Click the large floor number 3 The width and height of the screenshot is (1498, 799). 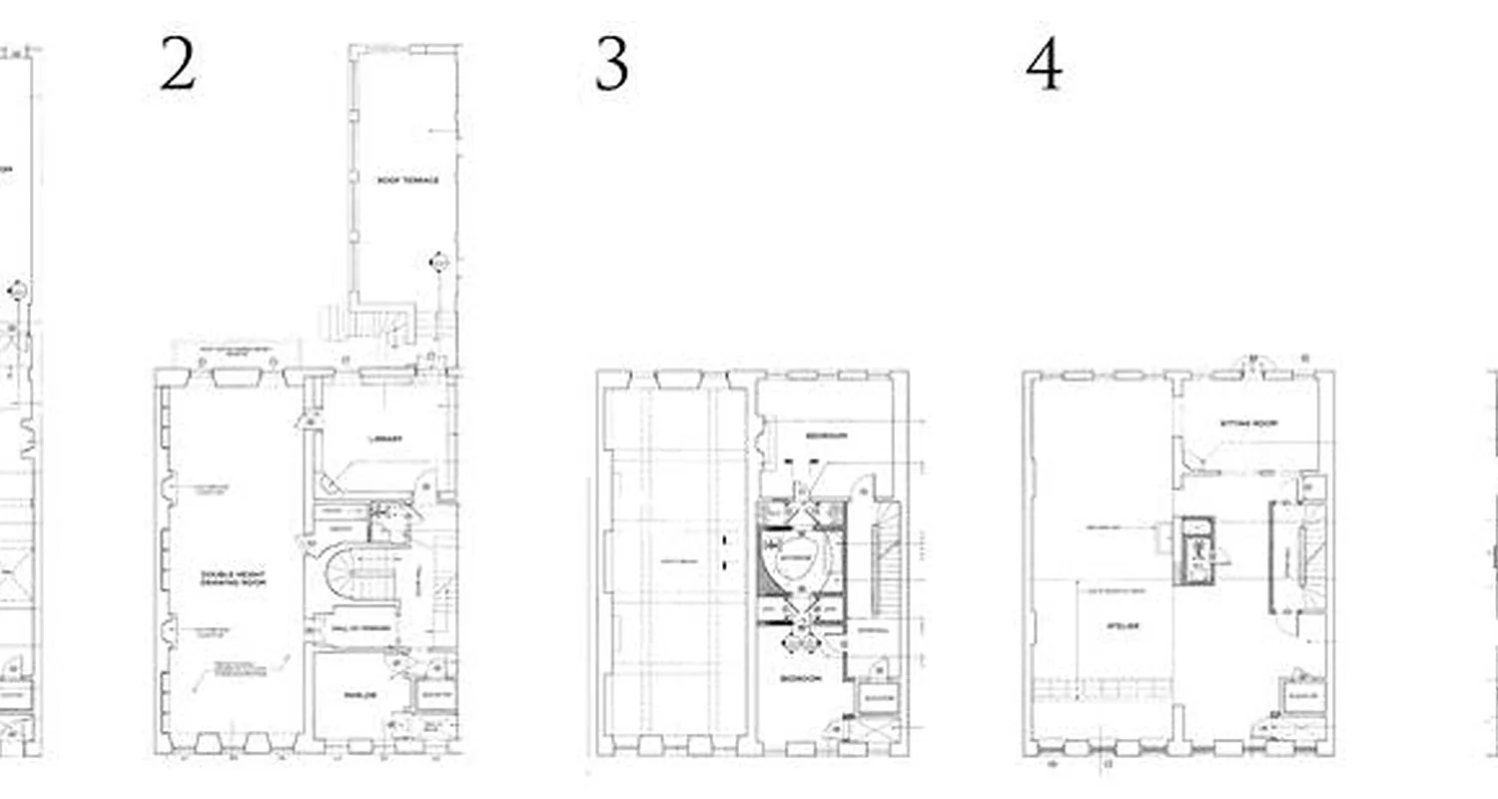click(x=612, y=65)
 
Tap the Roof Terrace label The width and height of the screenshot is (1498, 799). click(x=407, y=181)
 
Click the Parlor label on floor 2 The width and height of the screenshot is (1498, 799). click(x=361, y=696)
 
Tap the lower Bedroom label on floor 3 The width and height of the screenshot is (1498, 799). click(x=801, y=678)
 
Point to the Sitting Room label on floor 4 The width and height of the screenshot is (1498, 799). click(x=1248, y=423)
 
